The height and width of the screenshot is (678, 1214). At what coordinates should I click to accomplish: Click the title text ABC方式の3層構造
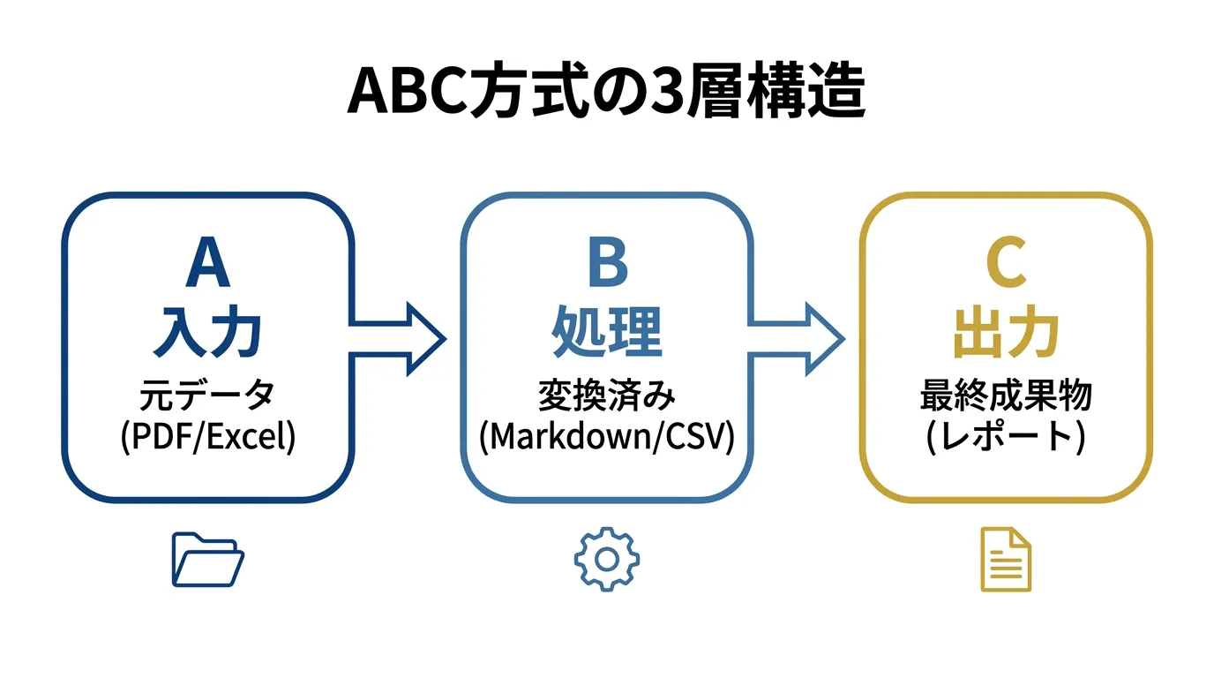[606, 91]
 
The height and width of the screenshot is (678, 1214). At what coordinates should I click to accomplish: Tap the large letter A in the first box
[208, 263]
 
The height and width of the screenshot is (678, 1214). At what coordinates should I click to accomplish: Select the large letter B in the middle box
[607, 263]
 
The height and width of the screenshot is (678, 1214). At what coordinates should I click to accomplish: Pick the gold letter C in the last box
[1006, 263]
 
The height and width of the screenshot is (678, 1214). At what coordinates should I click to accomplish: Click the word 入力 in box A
[208, 334]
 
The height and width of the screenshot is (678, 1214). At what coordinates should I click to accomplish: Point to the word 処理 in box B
[607, 334]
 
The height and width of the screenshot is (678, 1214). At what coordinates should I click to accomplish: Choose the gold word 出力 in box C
[1006, 334]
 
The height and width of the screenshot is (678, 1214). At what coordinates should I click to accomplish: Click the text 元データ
[208, 395]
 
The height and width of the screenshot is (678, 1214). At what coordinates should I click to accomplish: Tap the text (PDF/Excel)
[208, 437]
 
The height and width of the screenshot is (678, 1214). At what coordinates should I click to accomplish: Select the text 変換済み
[607, 395]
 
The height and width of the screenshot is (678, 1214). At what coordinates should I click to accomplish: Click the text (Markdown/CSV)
[607, 437]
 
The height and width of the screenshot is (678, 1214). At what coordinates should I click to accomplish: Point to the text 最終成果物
[1006, 395]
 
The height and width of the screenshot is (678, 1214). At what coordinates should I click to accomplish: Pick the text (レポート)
[1006, 437]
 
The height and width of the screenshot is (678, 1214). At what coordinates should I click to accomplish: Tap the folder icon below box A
[207, 560]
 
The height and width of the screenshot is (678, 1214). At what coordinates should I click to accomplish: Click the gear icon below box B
[607, 559]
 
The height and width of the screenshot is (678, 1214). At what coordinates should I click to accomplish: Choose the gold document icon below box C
[1006, 560]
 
